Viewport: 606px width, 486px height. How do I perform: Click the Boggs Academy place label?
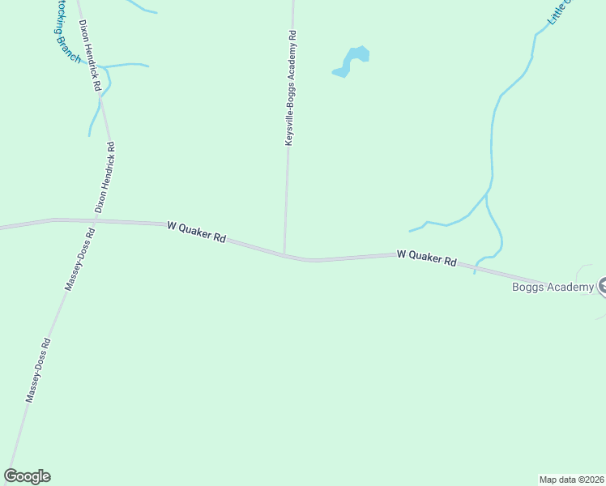(x=553, y=287)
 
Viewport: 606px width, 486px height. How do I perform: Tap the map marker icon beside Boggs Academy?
(x=603, y=286)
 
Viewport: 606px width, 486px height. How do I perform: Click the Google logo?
(x=27, y=476)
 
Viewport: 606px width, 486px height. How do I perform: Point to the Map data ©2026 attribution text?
(x=571, y=480)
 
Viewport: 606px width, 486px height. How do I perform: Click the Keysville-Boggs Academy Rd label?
(x=291, y=89)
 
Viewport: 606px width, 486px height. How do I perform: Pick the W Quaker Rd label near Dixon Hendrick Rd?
(x=196, y=232)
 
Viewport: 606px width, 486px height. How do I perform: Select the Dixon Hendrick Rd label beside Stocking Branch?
(x=90, y=55)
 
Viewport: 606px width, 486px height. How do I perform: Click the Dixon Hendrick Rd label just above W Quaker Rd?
(x=105, y=177)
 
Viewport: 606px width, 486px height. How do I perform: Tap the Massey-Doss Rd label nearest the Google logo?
(x=38, y=369)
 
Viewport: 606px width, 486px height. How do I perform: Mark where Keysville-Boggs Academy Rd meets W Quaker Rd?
(x=284, y=254)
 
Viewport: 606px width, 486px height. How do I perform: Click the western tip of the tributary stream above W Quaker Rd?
(x=410, y=231)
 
